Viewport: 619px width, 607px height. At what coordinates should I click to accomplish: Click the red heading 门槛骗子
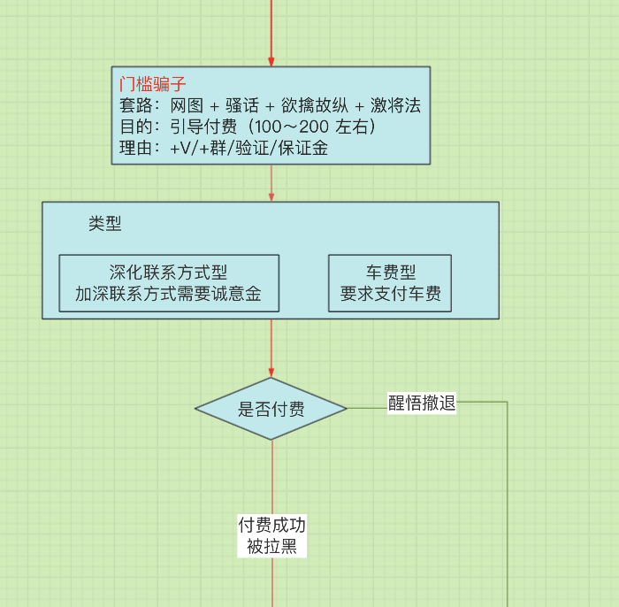tap(152, 85)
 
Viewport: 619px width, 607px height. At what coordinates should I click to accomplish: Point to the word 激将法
tap(395, 106)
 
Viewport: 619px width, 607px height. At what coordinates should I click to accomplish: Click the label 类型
tap(105, 224)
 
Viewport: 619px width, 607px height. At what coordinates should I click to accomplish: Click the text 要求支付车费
tap(390, 294)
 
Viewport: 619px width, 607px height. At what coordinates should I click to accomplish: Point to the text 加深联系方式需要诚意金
tap(169, 294)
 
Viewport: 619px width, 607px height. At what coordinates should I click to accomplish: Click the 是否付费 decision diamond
tap(271, 409)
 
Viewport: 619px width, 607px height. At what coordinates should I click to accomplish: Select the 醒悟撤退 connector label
tap(422, 403)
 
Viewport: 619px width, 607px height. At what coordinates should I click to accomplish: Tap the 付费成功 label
tap(271, 526)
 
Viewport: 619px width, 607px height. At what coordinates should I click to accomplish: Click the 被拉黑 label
tap(271, 547)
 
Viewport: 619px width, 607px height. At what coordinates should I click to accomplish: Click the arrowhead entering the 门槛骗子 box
tap(271, 62)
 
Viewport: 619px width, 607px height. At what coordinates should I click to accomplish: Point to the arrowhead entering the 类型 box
tap(271, 197)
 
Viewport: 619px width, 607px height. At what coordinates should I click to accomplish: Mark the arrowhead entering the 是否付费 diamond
tap(271, 373)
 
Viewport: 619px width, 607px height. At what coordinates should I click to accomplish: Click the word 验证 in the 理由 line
tap(253, 149)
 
